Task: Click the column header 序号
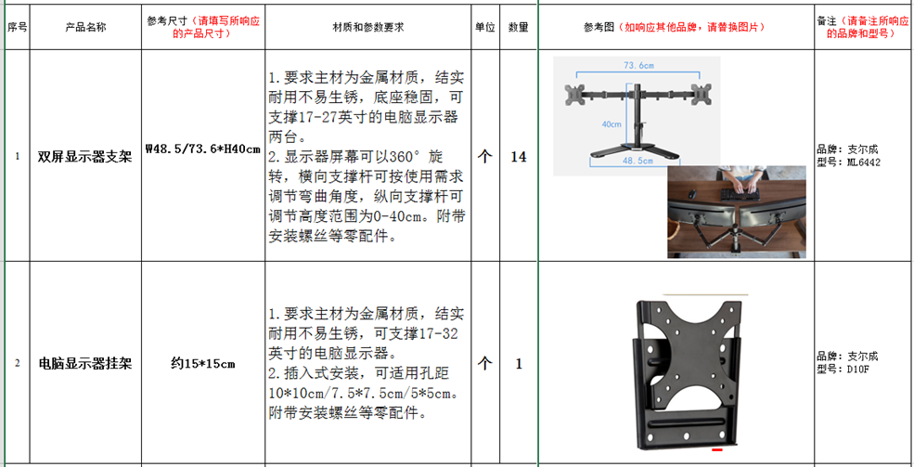tap(17, 28)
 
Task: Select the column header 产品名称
tap(85, 28)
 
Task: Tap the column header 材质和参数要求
tap(367, 28)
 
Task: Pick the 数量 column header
tap(518, 28)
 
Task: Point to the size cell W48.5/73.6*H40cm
tap(203, 149)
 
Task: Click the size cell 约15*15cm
tap(203, 364)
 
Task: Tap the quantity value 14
tap(519, 157)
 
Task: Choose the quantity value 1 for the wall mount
tap(519, 364)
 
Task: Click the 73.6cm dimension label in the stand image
tap(638, 65)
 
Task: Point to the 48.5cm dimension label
tap(638, 161)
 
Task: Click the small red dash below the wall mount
tap(717, 449)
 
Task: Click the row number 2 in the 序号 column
tap(17, 364)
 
